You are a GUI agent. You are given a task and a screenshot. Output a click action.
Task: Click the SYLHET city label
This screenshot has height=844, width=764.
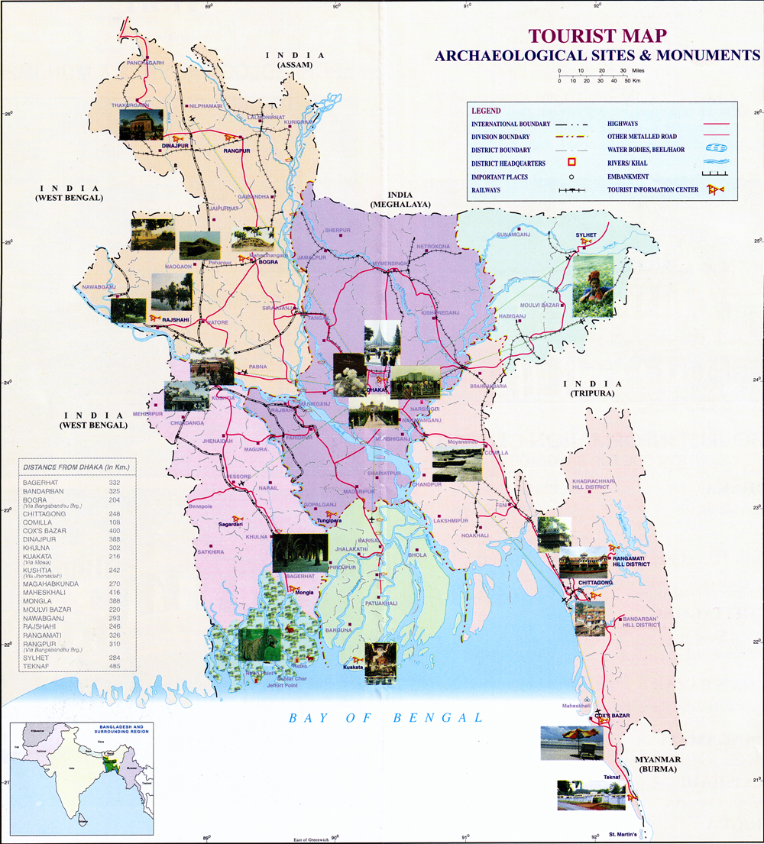[591, 234]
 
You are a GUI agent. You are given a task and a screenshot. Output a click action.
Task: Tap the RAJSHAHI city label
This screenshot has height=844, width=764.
[175, 322]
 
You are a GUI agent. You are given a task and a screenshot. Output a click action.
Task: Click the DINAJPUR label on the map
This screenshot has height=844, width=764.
[175, 144]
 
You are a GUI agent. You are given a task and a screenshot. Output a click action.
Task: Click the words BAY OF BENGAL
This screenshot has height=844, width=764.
[387, 717]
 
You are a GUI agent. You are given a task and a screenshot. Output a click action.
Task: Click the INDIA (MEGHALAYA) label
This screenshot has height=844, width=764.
[400, 200]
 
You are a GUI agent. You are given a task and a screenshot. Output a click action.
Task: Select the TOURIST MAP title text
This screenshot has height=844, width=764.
[597, 36]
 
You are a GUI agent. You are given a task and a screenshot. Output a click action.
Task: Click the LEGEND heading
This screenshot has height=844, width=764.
[486, 111]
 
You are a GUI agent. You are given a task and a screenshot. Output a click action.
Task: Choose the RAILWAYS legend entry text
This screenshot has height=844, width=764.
[487, 189]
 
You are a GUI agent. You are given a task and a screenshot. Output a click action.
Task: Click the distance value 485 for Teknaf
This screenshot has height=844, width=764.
[115, 667]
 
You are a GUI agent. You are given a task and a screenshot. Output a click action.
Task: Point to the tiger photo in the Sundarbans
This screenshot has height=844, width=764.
[260, 644]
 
